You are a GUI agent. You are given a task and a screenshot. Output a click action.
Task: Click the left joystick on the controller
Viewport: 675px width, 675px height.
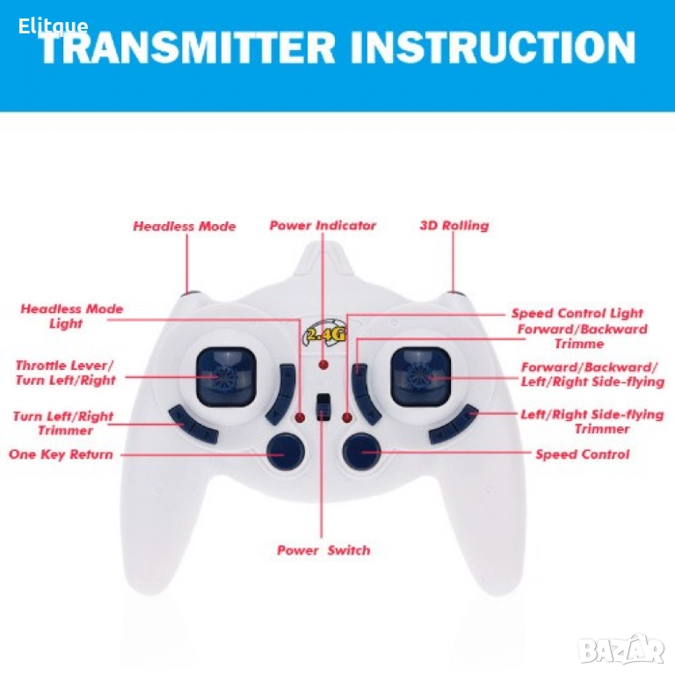coord(226,377)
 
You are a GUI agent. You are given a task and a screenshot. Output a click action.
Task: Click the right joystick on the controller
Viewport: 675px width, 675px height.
coord(421,377)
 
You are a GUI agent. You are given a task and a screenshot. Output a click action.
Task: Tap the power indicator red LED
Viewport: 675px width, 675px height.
coord(323,365)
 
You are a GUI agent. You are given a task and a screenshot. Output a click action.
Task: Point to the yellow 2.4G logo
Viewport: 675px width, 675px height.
coord(326,332)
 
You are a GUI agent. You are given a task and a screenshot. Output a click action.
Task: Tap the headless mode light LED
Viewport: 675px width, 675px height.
coord(300,417)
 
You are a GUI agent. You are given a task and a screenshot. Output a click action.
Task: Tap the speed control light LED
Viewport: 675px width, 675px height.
coord(347,417)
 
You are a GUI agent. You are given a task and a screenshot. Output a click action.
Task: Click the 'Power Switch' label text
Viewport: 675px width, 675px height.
coord(323,550)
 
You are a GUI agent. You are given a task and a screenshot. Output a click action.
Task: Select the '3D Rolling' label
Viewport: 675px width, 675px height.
coord(454,226)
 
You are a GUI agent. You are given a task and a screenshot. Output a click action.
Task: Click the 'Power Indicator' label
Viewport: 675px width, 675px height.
coord(323,226)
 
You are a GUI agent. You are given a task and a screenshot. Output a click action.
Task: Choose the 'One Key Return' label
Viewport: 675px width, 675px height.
coord(61,454)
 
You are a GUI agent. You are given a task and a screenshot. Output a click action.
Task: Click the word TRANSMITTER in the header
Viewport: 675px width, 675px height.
coord(187,47)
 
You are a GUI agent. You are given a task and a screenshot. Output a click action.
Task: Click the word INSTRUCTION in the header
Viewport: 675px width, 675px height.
coord(492,47)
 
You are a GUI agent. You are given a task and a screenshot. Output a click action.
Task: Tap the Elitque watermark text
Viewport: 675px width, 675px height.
coord(53,26)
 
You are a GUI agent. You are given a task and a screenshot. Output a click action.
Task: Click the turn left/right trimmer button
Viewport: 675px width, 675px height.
coord(192,425)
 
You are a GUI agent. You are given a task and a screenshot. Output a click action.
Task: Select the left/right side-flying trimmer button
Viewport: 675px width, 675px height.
coord(454,425)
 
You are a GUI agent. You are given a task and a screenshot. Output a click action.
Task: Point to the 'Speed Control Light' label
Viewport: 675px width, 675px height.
coord(577,313)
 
